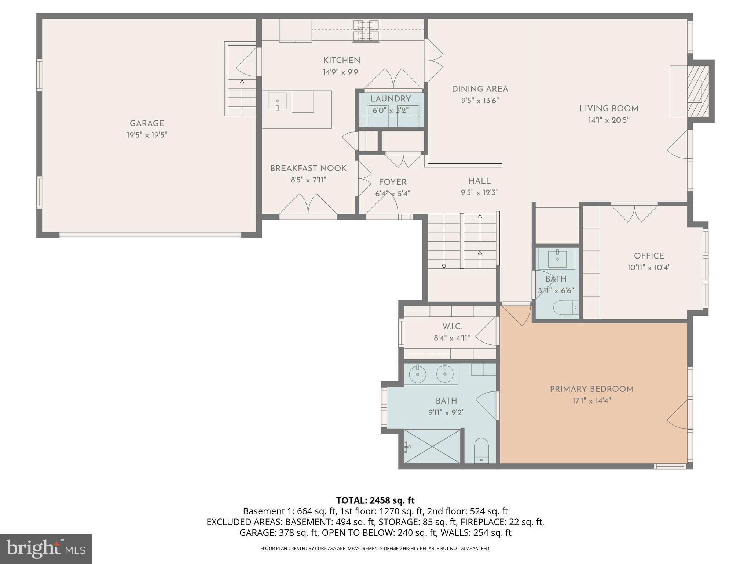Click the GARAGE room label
[147, 124]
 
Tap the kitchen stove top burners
[366, 30]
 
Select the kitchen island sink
[277, 101]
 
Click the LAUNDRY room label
[390, 99]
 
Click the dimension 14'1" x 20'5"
[609, 120]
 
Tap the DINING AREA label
[480, 89]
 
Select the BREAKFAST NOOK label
[308, 169]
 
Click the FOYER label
[392, 182]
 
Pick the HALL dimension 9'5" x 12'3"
[479, 192]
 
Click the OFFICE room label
[649, 256]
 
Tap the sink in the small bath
[557, 259]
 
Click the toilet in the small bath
[565, 308]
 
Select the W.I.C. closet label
[452, 326]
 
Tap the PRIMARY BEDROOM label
[591, 389]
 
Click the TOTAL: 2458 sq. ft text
[375, 500]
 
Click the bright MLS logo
[45, 549]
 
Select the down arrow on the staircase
[444, 266]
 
